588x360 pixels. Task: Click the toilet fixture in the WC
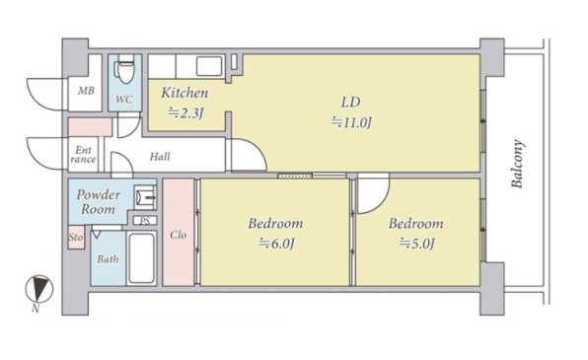coord(125,69)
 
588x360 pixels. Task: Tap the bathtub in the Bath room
coord(141,258)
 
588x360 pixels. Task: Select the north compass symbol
coord(39,289)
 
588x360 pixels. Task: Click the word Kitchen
coord(184,93)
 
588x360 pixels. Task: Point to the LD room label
coord(350,102)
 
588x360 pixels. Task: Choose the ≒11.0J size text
coord(351,122)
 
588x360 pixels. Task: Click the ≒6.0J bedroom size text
coord(276,244)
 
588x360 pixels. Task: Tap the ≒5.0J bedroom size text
coord(416,244)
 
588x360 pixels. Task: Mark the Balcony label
coord(517,164)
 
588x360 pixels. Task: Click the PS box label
coord(145,221)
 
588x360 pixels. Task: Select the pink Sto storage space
coord(76,237)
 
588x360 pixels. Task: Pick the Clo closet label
coord(179,235)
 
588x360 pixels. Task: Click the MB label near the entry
coord(86,91)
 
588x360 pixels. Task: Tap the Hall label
coord(160,157)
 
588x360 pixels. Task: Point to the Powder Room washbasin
coord(145,197)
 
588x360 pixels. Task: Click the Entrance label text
coord(83,155)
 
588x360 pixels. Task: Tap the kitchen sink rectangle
coord(209,66)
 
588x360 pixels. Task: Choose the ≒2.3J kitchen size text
coord(185,112)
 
